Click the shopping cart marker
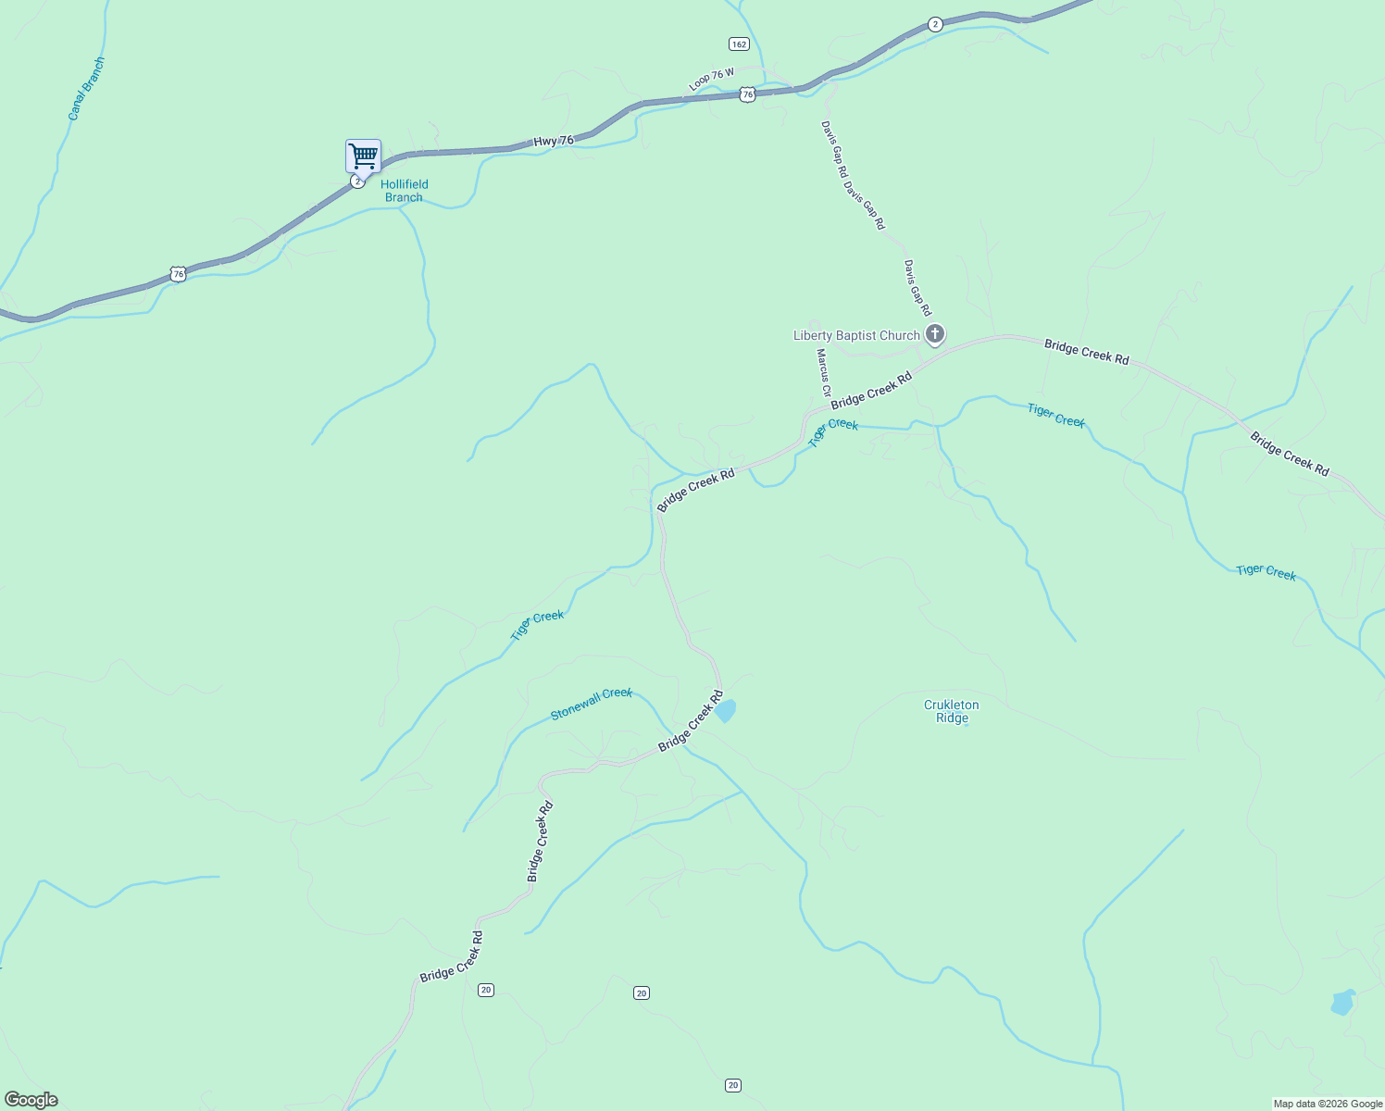(x=363, y=156)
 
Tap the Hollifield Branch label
(x=405, y=191)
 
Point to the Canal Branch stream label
(x=86, y=89)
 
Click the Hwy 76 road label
(x=553, y=141)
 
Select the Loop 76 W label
(x=711, y=79)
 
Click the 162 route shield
(x=738, y=44)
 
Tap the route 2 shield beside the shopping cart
(x=356, y=181)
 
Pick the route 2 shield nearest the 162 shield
(x=935, y=25)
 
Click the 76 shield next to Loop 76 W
(x=748, y=94)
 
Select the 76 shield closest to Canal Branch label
(x=178, y=274)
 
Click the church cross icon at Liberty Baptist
(x=935, y=334)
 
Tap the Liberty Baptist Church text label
(x=856, y=335)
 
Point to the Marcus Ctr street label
(x=823, y=372)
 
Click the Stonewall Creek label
(x=591, y=704)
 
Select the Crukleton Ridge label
(x=952, y=711)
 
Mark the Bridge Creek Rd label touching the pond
(x=691, y=721)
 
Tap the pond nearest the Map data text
(x=1342, y=1003)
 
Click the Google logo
(x=31, y=1100)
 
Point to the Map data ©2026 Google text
(x=1328, y=1104)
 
